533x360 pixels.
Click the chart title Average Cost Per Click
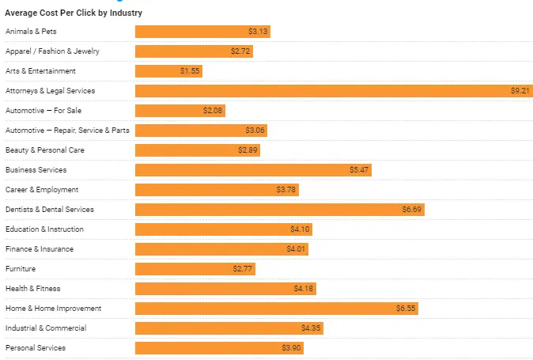(74, 13)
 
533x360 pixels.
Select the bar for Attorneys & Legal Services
(332, 91)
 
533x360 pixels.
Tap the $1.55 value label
(190, 71)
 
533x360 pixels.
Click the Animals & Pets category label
(31, 32)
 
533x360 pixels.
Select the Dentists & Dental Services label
(50, 210)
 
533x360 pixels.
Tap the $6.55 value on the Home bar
(406, 309)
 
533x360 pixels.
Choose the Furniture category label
(21, 269)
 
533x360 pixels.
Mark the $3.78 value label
(286, 190)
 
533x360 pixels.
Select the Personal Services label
(36, 348)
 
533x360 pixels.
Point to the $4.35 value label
(311, 328)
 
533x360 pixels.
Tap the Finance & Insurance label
(40, 249)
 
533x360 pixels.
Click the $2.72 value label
(241, 51)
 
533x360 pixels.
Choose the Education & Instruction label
(44, 229)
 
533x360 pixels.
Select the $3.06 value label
(255, 131)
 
